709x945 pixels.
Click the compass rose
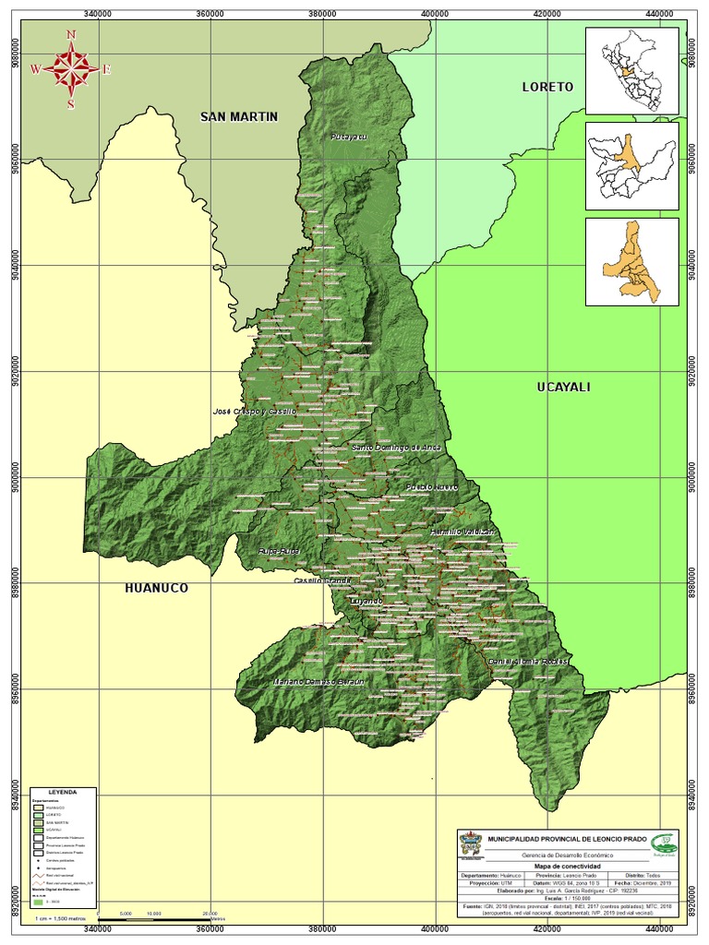(x=71, y=69)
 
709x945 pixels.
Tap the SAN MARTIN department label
(x=239, y=116)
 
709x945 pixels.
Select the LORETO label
(x=547, y=87)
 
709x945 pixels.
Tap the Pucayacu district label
(x=349, y=137)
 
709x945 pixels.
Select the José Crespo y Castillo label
(x=254, y=411)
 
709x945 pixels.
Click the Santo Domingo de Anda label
(x=396, y=448)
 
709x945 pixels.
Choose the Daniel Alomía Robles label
(x=528, y=663)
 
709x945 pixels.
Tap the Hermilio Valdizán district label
(x=463, y=532)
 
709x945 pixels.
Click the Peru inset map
(x=631, y=68)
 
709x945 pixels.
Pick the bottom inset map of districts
(x=631, y=261)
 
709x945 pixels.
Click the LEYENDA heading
(x=64, y=792)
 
